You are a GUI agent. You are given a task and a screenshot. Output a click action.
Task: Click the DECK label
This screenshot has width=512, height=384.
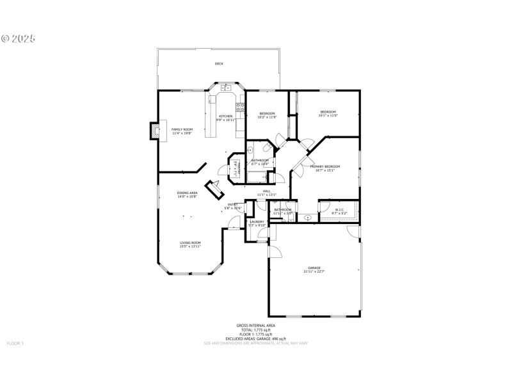(219, 64)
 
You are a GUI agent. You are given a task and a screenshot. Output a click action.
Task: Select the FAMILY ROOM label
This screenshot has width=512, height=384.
(181, 129)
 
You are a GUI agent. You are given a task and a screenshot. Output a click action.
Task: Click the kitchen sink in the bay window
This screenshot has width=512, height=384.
(225, 88)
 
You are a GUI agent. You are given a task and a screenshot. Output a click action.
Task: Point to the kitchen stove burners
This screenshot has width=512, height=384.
(241, 106)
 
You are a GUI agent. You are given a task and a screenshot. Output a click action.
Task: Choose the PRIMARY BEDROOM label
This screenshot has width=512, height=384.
(324, 166)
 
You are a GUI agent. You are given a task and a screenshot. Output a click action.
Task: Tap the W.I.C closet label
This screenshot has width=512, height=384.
(340, 209)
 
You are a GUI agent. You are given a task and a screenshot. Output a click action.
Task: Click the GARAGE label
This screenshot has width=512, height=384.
(314, 268)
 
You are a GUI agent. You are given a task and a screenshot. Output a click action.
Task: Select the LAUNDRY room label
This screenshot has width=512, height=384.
(257, 221)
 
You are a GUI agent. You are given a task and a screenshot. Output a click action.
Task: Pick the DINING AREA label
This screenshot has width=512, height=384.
(188, 193)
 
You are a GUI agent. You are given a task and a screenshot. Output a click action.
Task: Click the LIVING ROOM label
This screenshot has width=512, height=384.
(190, 243)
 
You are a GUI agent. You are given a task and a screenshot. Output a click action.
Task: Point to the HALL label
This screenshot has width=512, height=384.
(266, 191)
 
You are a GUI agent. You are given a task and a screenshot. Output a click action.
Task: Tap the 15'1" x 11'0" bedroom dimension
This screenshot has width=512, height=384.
(328, 116)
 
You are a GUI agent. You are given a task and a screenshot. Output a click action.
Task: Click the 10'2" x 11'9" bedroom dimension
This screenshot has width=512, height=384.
(266, 117)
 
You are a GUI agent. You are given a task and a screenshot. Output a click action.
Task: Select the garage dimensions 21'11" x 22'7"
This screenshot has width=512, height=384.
(314, 271)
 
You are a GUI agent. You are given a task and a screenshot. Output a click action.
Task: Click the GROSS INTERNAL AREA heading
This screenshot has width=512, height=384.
(255, 325)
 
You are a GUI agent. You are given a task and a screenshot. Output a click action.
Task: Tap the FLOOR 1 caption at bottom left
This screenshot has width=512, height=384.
(15, 344)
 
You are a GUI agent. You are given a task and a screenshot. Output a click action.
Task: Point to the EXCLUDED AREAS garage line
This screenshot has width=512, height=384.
(255, 339)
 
